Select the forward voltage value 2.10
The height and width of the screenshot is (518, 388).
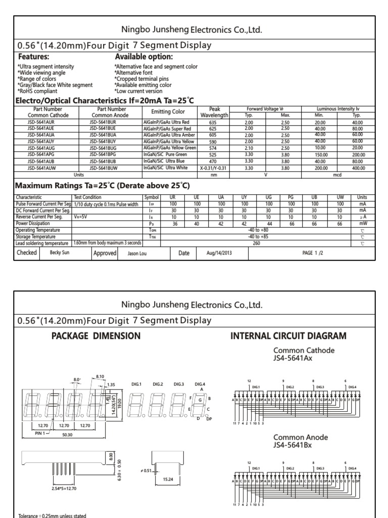click(249, 148)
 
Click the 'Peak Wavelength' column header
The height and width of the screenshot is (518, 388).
click(214, 112)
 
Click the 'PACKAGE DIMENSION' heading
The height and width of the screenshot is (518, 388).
click(96, 336)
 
